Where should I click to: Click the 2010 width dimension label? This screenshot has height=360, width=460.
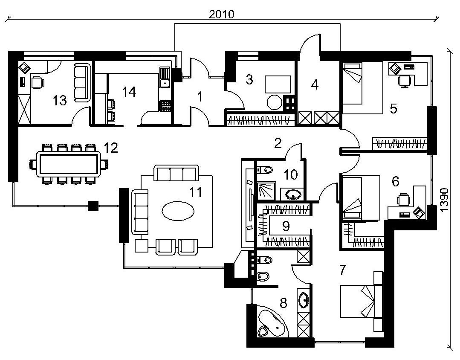tap(222, 14)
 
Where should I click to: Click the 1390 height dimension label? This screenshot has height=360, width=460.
tap(444, 200)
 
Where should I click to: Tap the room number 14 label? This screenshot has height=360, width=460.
tap(129, 92)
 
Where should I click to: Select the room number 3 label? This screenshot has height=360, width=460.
tap(249, 80)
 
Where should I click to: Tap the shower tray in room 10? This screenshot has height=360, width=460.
tap(266, 191)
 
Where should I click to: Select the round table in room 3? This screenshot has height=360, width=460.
tap(274, 102)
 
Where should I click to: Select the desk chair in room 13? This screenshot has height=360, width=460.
tap(37, 82)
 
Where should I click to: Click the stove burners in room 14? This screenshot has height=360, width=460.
tap(165, 106)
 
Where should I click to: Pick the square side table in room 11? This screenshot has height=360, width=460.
tap(142, 246)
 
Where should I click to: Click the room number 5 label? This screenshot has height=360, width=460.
tap(393, 109)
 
